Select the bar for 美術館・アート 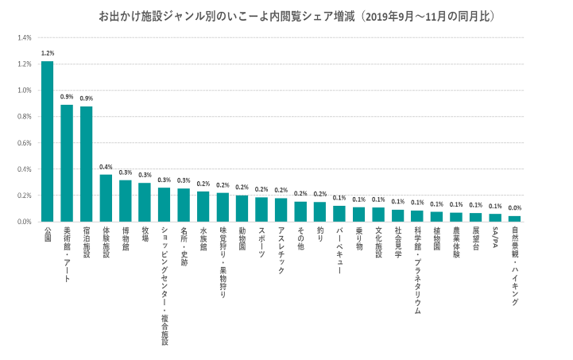pyautogui.click(x=67, y=163)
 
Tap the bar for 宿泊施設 pyautogui.click(x=86, y=164)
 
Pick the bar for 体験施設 pyautogui.click(x=106, y=198)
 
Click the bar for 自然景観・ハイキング pyautogui.click(x=515, y=219)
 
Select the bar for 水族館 pyautogui.click(x=203, y=207)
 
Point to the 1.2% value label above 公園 pyautogui.click(x=47, y=53)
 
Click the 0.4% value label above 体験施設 pyautogui.click(x=106, y=167)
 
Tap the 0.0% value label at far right pyautogui.click(x=515, y=208)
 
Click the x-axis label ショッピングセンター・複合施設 pyautogui.click(x=164, y=286)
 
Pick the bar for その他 pyautogui.click(x=300, y=211)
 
